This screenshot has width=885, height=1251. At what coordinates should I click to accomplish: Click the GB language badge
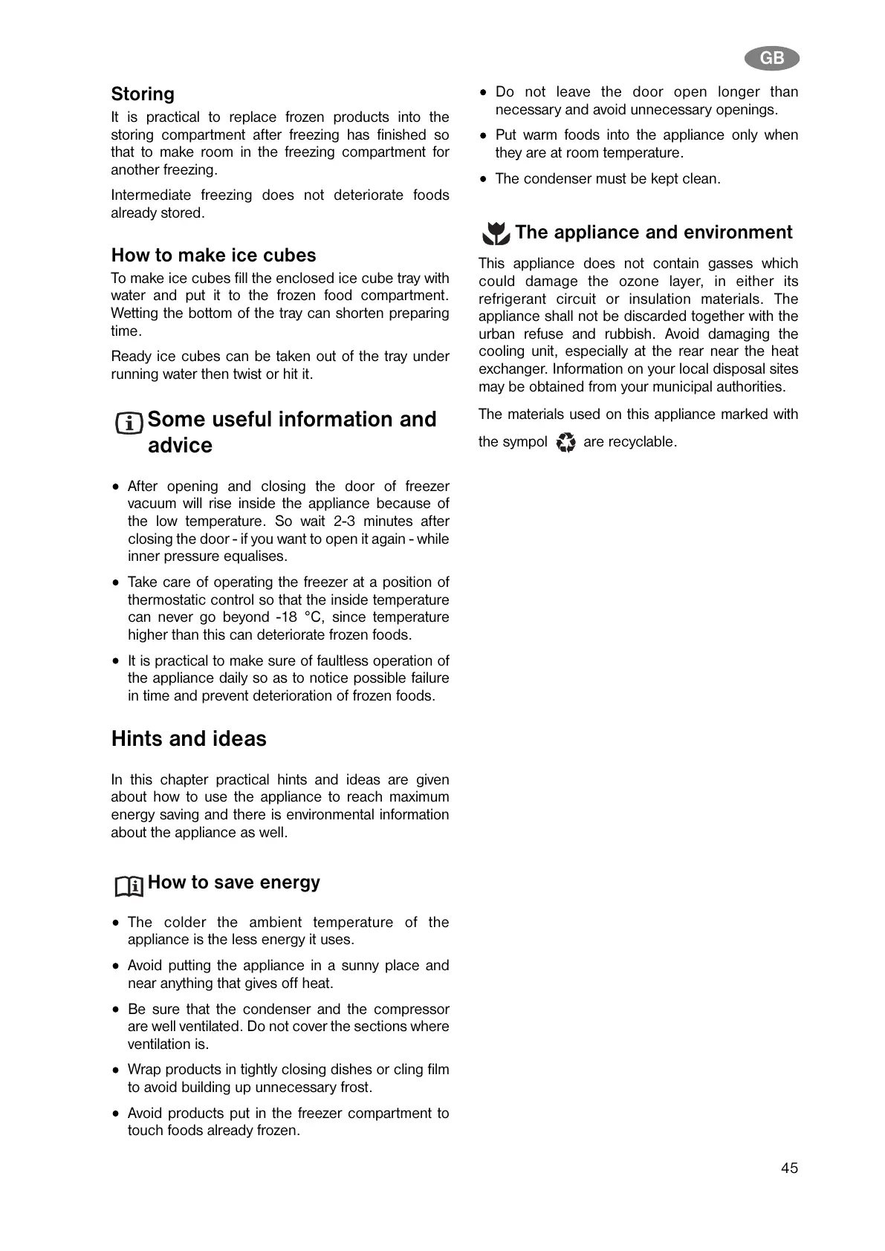coord(771,59)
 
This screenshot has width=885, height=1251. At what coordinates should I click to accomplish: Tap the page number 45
coord(789,1168)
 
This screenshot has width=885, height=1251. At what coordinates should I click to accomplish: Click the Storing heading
coord(143,94)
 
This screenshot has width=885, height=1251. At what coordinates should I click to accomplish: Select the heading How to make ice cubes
coord(213,256)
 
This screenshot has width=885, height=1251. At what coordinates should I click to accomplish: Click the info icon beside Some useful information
coord(129,423)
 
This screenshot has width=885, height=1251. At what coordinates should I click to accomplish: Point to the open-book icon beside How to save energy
coord(129,886)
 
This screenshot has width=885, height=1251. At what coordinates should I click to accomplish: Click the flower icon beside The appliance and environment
coord(496,234)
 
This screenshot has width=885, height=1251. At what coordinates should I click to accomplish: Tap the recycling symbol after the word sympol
coord(565,443)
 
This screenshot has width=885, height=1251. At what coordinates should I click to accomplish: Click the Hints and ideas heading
coord(189,739)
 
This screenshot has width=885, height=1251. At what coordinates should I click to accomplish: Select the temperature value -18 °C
coord(297,617)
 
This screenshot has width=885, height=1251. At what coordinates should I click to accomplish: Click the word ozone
coord(640,282)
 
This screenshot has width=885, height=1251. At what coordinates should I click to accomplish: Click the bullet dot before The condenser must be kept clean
coord(484,179)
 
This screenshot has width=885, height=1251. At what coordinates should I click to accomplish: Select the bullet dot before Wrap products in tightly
coord(116,1070)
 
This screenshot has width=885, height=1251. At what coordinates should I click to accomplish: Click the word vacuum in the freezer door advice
coord(152,504)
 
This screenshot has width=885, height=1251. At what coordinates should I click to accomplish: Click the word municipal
coord(682,387)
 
